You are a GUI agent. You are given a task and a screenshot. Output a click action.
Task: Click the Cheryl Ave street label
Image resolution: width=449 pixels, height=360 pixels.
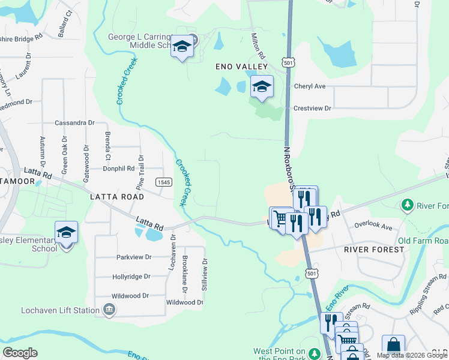(x=309, y=86)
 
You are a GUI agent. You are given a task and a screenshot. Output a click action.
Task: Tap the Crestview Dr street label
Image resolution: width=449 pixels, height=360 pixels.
(x=312, y=108)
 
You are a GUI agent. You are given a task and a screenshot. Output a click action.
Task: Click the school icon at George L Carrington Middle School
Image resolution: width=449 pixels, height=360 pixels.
(x=182, y=47)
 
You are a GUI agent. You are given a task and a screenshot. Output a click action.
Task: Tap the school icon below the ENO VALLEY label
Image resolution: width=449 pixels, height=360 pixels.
(x=261, y=88)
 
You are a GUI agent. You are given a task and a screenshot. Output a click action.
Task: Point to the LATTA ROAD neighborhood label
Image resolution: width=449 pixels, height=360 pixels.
(x=116, y=197)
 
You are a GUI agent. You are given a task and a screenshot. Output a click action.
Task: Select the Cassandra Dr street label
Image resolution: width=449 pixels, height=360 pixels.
(x=74, y=122)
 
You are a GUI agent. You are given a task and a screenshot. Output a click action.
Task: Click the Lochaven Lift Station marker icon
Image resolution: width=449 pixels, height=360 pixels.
(x=109, y=310)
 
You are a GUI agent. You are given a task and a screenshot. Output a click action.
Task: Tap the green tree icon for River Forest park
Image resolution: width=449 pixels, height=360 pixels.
(x=407, y=206)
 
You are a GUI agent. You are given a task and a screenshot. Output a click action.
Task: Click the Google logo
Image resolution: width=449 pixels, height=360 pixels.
(x=20, y=353)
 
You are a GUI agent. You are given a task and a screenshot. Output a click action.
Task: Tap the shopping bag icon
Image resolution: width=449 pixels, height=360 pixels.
(x=393, y=346)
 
